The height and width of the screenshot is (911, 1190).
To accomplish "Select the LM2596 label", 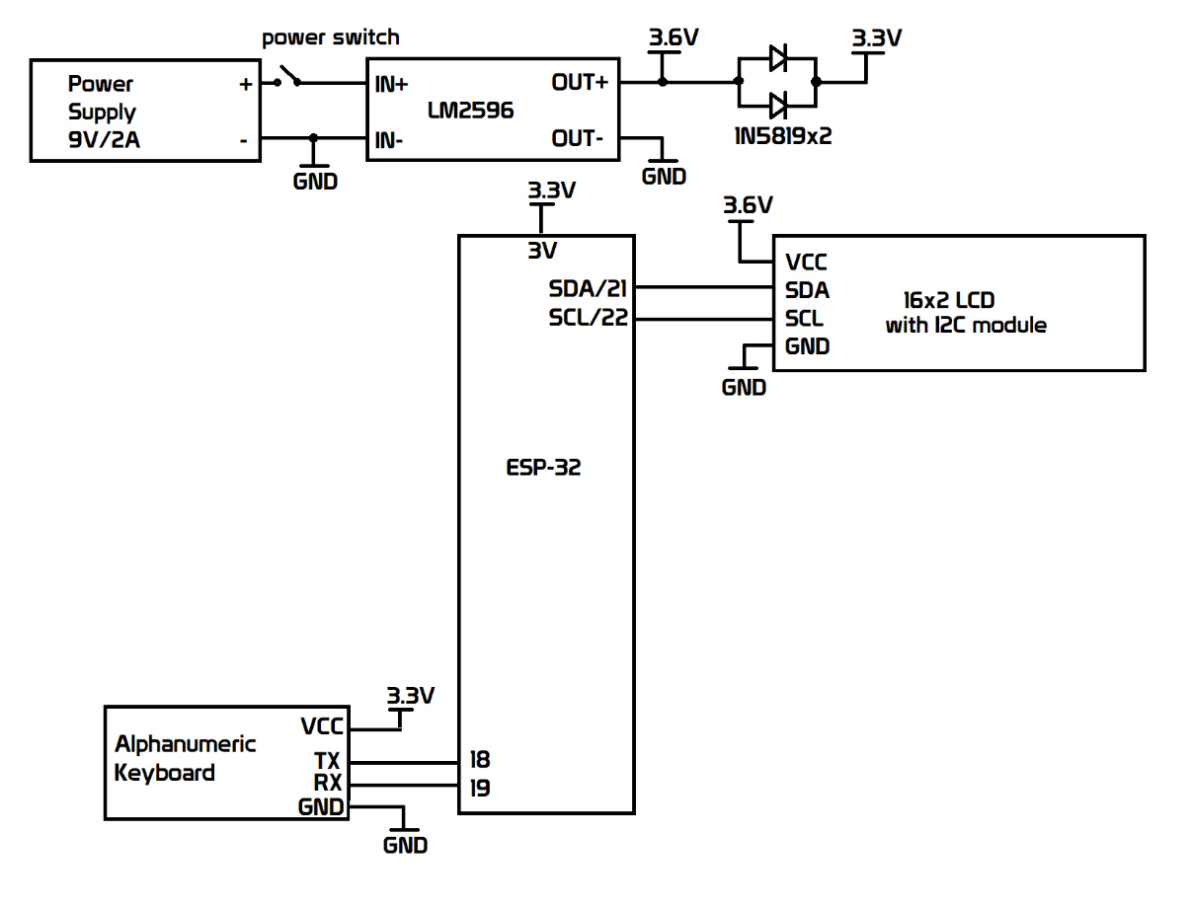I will (x=470, y=111).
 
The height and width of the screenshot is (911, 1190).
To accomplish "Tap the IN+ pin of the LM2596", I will (x=392, y=84).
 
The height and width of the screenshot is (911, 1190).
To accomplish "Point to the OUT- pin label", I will (x=578, y=139).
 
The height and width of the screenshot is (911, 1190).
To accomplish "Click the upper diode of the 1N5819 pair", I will (x=777, y=58).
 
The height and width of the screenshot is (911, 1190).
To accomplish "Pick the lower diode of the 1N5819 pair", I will (x=777, y=105).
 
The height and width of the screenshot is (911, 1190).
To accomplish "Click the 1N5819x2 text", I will (x=783, y=136).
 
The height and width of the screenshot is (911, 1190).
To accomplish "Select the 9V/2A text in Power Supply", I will (x=104, y=140).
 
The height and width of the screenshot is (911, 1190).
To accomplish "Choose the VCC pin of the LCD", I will (x=806, y=263).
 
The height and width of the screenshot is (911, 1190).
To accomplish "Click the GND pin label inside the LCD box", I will (x=807, y=346).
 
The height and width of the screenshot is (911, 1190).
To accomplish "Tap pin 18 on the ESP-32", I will (x=481, y=760).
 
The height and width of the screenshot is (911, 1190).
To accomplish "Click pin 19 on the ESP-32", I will (x=481, y=788).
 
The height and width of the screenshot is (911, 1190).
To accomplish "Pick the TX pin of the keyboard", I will (x=327, y=762).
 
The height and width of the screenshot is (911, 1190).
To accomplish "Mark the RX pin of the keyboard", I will (x=327, y=784).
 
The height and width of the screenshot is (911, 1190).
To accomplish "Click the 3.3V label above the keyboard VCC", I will (x=410, y=696).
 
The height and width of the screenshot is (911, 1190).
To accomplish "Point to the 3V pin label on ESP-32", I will (x=542, y=251).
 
